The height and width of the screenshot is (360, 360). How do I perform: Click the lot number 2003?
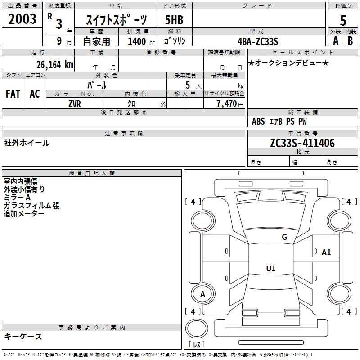[22, 19]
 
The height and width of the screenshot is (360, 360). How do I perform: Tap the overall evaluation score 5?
[343, 20]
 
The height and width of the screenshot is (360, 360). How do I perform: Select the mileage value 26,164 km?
[54, 65]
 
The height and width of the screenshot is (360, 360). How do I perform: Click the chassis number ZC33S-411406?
[302, 143]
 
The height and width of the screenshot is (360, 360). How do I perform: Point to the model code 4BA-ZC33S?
[258, 41]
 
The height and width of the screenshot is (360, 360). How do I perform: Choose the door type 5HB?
[174, 20]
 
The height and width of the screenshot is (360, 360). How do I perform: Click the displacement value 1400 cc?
[141, 41]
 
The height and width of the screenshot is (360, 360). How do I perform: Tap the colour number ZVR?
[75, 104]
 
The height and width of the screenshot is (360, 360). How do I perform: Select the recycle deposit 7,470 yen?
[230, 104]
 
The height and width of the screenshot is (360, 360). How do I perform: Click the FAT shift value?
[13, 94]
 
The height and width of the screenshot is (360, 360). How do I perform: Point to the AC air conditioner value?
[35, 94]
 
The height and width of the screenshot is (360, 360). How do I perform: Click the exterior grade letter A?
[336, 41]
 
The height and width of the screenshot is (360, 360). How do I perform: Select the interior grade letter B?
[350, 41]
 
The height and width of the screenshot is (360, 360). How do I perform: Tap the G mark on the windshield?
[284, 237]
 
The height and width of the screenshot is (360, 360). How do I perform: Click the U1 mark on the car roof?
[271, 268]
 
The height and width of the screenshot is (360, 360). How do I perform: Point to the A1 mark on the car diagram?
[326, 252]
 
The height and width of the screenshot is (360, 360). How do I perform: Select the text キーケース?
[23, 336]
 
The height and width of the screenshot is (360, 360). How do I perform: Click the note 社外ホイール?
[27, 143]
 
